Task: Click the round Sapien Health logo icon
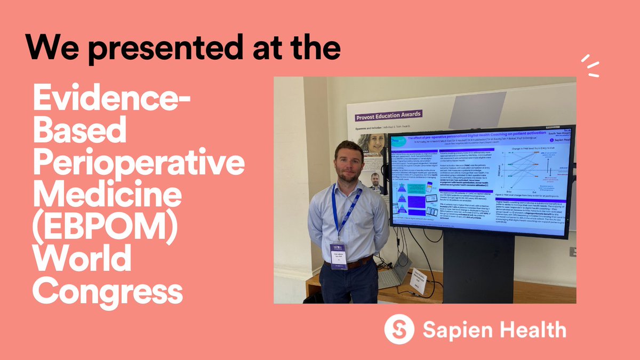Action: point(399,329)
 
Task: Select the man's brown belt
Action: point(353,263)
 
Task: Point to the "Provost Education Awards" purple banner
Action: point(388,114)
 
